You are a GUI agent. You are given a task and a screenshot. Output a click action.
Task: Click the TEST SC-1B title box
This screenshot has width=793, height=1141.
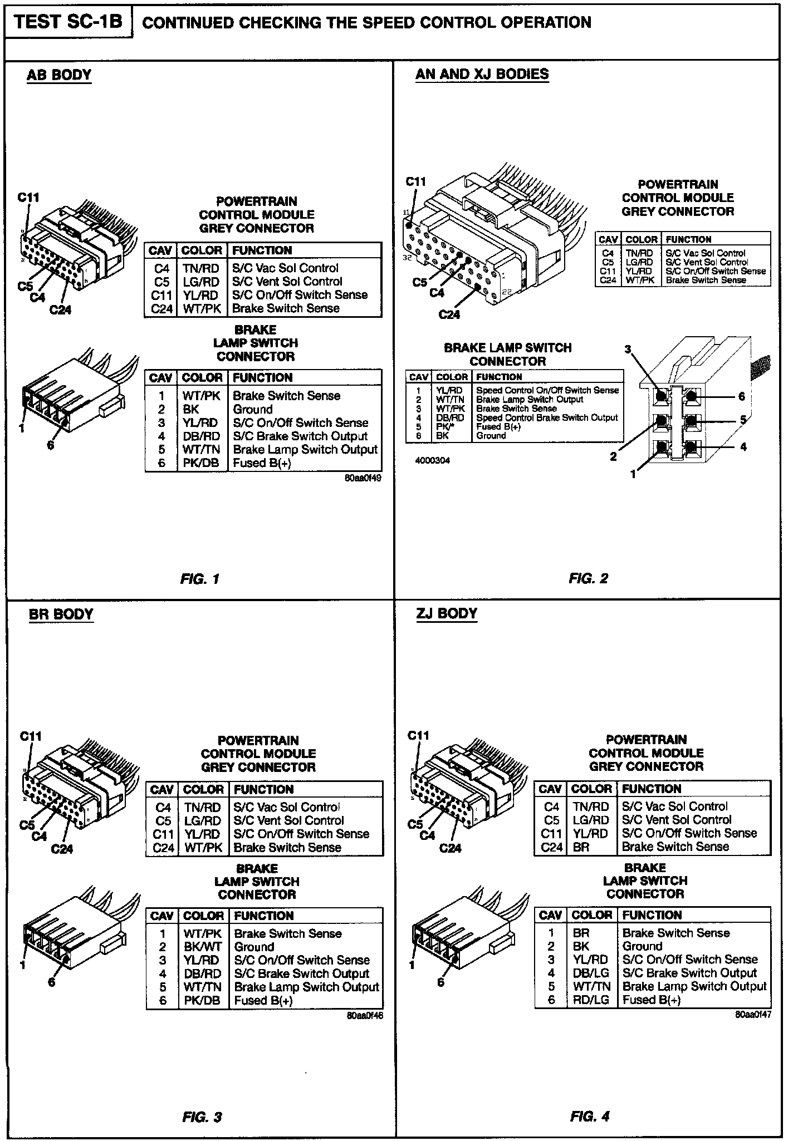[x=68, y=22]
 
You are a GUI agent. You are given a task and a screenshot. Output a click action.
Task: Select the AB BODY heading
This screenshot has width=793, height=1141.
[x=59, y=75]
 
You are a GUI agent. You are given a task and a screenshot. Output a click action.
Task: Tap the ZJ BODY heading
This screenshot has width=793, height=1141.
[x=447, y=613]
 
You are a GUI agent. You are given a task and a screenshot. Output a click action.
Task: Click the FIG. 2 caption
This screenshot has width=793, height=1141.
[x=589, y=578]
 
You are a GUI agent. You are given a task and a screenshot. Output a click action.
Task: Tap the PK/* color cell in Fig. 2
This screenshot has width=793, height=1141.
[x=443, y=427]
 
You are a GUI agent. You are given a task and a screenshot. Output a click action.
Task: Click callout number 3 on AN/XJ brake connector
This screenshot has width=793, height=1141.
[x=628, y=350]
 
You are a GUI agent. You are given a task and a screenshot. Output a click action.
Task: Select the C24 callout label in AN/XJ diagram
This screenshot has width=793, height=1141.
[x=449, y=314]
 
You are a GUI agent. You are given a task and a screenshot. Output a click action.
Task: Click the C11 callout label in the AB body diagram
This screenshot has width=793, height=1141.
[x=28, y=197]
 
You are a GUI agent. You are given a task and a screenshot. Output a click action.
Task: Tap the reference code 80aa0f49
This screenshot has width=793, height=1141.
[x=363, y=478]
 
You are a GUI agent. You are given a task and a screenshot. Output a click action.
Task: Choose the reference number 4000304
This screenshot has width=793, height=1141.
[x=433, y=461]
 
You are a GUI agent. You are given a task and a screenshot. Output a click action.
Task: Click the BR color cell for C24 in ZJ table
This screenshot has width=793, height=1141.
[x=581, y=847]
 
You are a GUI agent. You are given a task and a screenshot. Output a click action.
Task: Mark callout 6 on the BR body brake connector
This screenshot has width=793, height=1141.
[x=51, y=982]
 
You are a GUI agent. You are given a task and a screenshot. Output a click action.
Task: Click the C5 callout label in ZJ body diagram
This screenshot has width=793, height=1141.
[x=415, y=824]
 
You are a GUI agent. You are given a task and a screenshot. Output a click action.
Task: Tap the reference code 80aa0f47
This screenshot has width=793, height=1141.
[x=753, y=1015]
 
